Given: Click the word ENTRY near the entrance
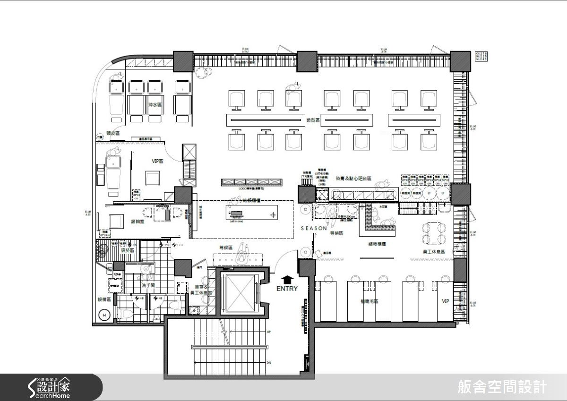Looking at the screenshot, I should pos(287,289).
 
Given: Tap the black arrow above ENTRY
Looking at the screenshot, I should pos(287,280).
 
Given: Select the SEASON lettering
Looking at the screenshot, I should pos(314,229).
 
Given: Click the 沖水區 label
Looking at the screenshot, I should pos(155,105).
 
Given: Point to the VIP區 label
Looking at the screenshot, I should pos(157,161).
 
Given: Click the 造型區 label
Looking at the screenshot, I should pos(313,121).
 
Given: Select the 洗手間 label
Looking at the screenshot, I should pos(148,286).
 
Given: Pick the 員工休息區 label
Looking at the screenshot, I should pos(434,253).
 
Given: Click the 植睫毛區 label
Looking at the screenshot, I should pos(369,301).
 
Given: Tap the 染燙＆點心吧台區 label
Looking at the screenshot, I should pos(353,179).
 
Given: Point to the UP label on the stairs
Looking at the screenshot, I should pos(269,332).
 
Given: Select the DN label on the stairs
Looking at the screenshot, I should pos(269,363).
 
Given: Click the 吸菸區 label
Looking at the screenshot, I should pos(128,250).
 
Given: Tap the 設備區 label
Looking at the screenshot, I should pos(104,299).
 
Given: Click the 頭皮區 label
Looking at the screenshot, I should pos(113,134).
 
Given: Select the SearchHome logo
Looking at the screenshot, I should pos(49,387).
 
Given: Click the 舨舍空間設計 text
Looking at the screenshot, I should pos(502,387).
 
